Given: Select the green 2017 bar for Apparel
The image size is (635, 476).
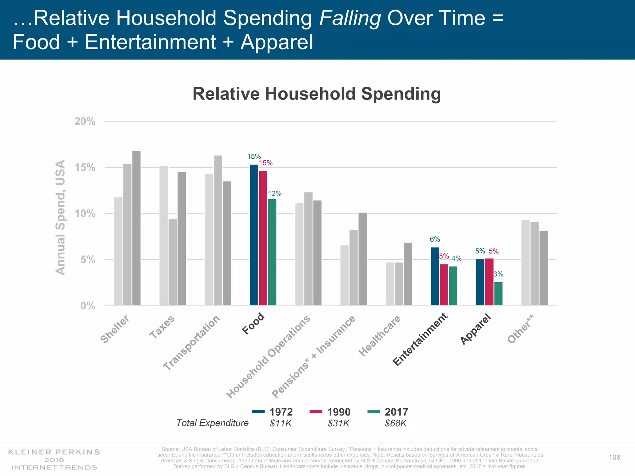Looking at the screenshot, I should [498, 294].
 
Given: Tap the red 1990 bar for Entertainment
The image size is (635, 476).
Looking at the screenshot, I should [444, 285].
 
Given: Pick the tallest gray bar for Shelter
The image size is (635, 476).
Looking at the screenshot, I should [136, 228].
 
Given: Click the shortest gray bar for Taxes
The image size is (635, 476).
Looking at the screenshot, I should [173, 262].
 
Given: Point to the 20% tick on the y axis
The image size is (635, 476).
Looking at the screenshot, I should [85, 121].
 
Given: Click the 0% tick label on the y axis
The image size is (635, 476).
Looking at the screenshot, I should [88, 306].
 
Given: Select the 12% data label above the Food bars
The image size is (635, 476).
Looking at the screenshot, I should [275, 194].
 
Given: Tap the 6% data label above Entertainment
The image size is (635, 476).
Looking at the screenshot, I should [435, 239].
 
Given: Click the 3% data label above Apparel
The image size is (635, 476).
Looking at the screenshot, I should [498, 274].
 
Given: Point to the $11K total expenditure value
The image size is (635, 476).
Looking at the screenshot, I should [281, 423].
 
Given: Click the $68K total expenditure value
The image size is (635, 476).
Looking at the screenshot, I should [396, 423].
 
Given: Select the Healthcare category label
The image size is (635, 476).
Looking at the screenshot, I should [380, 336].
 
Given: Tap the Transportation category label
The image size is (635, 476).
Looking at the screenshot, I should [192, 342].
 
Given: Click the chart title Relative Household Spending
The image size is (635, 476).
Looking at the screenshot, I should [317, 94].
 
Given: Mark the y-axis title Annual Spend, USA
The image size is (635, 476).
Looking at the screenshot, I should [60, 217].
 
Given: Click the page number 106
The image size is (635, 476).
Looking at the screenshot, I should [614, 457].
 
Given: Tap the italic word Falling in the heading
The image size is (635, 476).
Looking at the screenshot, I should [350, 18].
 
